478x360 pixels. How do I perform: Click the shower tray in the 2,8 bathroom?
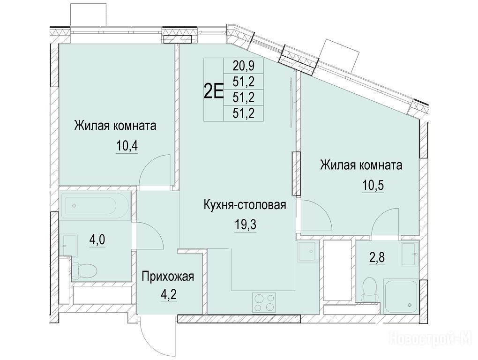coord(401,296)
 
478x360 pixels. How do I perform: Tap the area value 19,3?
coord(246,225)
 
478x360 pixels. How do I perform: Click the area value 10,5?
coord(373,186)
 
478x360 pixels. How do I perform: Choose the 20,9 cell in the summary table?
coord(244,66)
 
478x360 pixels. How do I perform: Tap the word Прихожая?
coord(168,277)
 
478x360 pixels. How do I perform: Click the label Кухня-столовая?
coord(245,205)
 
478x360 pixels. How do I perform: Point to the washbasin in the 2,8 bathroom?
coord(410,254)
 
